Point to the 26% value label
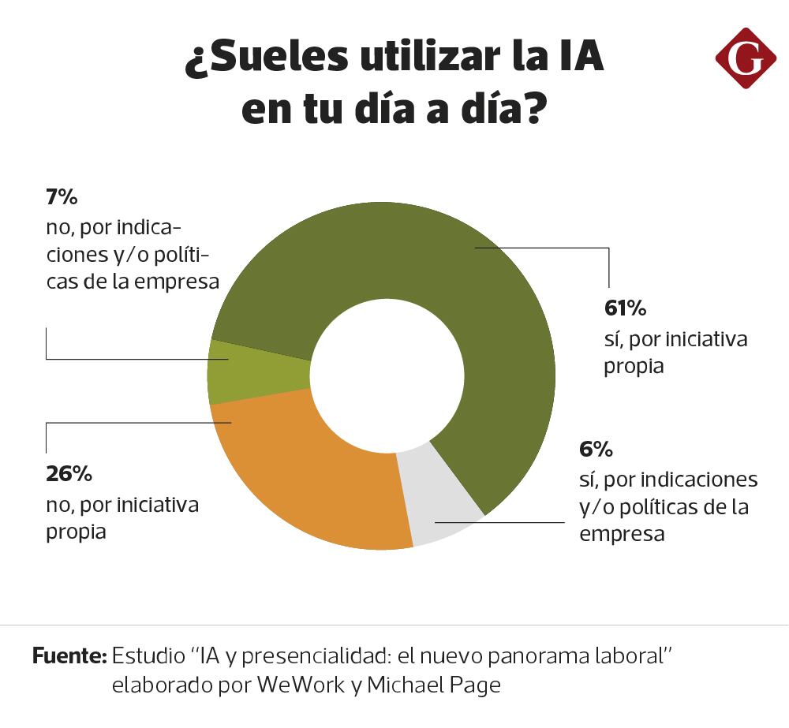point(69,473)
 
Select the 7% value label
point(62,197)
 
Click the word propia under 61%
point(634,367)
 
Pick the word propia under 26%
point(76,532)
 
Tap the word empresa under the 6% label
point(622,534)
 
